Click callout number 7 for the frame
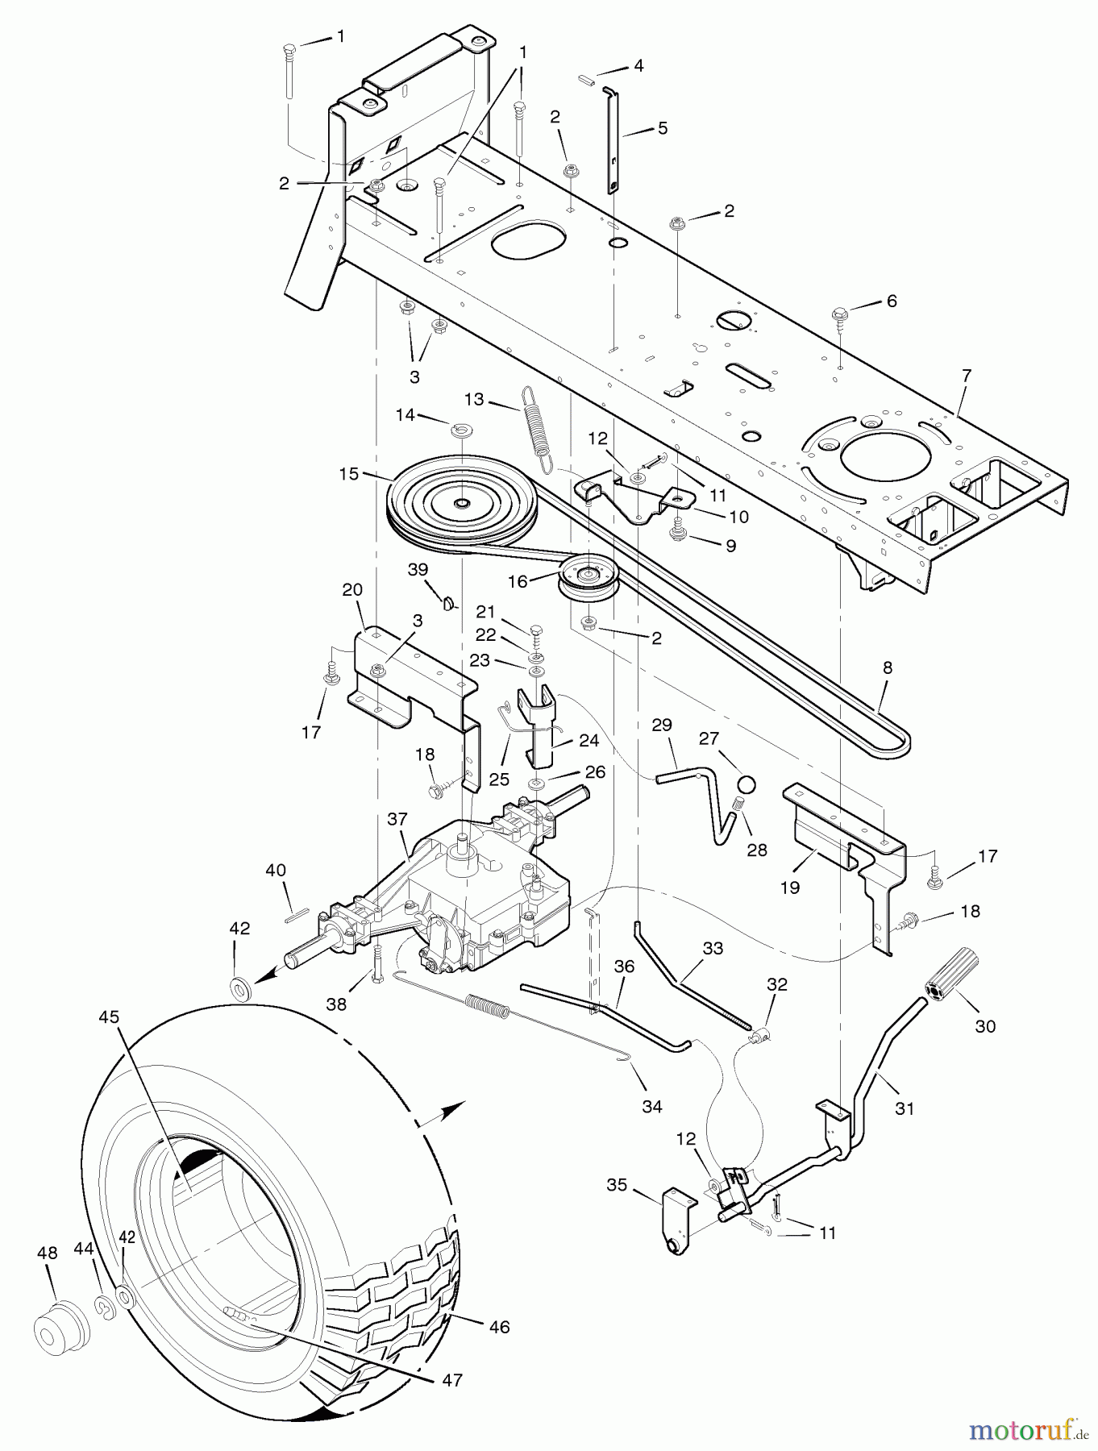(967, 375)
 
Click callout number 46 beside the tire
(499, 1326)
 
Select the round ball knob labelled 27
(747, 785)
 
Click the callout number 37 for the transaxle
(397, 819)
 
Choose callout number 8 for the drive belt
(888, 667)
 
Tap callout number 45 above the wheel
(109, 1017)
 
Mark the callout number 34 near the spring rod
(651, 1107)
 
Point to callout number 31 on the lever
(905, 1108)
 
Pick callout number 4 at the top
(638, 66)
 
